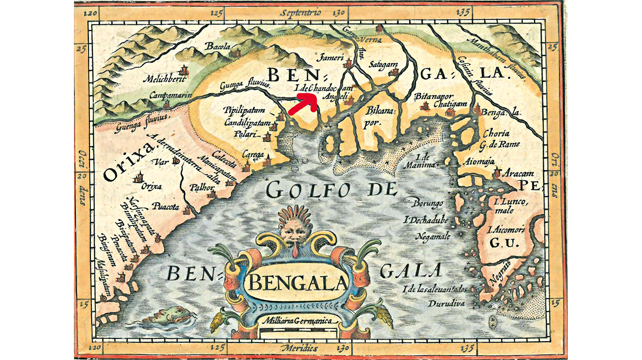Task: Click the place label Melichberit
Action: [165, 79]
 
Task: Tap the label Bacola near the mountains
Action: [218, 46]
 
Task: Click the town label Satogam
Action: [383, 64]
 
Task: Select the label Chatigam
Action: [450, 104]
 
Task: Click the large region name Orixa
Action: [128, 162]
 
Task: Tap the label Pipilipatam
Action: [244, 110]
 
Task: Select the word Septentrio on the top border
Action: [301, 13]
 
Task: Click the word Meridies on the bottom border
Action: [299, 348]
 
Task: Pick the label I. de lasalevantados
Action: [435, 289]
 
